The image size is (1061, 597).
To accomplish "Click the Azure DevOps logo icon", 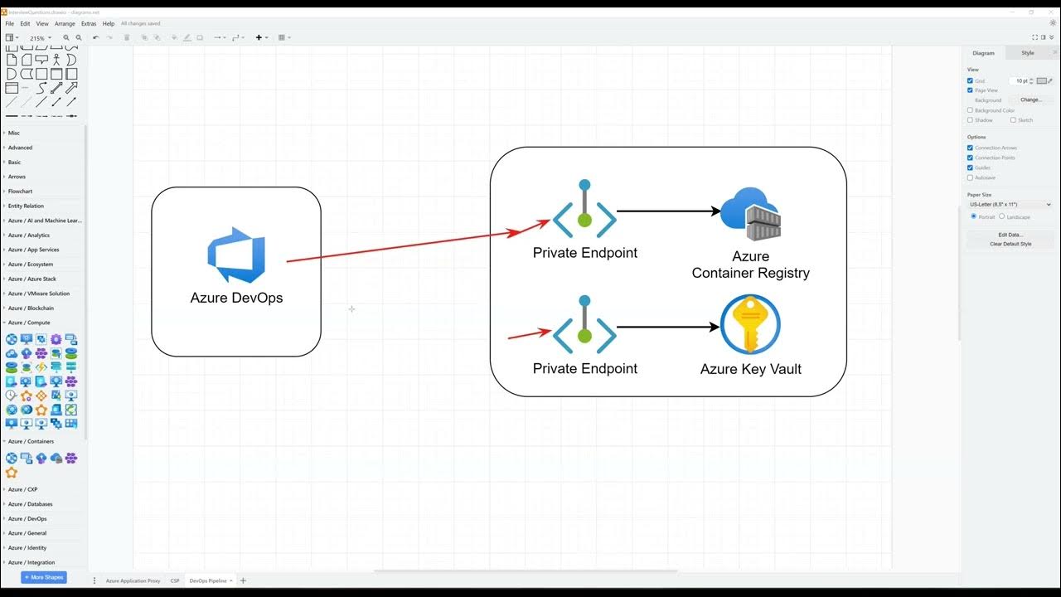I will pyautogui.click(x=236, y=255).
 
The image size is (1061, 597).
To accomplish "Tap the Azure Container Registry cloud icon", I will pyautogui.click(x=750, y=214).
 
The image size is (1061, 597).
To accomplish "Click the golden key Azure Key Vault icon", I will pyautogui.click(x=750, y=325).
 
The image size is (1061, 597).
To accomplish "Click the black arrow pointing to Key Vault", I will pyautogui.click(x=668, y=327).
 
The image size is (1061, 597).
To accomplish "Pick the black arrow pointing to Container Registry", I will pyautogui.click(x=668, y=211).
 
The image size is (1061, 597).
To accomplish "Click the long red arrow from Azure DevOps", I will pyautogui.click(x=414, y=242).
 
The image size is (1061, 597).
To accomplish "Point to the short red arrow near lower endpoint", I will pyautogui.click(x=529, y=334).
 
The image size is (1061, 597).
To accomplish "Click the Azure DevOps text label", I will pyautogui.click(x=236, y=298).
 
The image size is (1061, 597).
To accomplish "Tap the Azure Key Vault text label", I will pyautogui.click(x=750, y=369).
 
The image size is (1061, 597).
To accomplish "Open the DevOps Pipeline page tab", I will pyautogui.click(x=207, y=580).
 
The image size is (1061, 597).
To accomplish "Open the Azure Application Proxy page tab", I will pyautogui.click(x=133, y=580).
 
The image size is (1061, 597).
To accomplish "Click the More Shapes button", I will pyautogui.click(x=44, y=577).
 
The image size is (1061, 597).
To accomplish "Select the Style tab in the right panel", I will pyautogui.click(x=1027, y=53).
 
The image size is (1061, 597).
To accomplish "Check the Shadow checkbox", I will pyautogui.click(x=971, y=120).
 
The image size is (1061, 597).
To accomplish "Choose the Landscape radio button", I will pyautogui.click(x=1002, y=216).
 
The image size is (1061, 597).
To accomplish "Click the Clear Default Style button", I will pyautogui.click(x=1010, y=244).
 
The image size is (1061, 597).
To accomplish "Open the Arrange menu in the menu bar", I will pyautogui.click(x=65, y=23).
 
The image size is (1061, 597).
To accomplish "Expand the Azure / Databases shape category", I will pyautogui.click(x=30, y=504).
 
